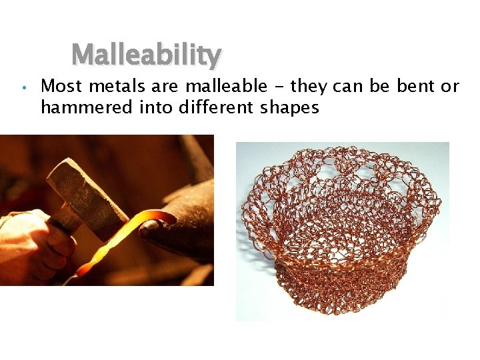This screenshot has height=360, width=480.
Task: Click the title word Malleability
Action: (146, 55)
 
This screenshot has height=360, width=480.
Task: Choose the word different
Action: (213, 107)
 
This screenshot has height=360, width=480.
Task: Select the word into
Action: (157, 107)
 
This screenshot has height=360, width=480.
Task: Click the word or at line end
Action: (451, 86)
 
